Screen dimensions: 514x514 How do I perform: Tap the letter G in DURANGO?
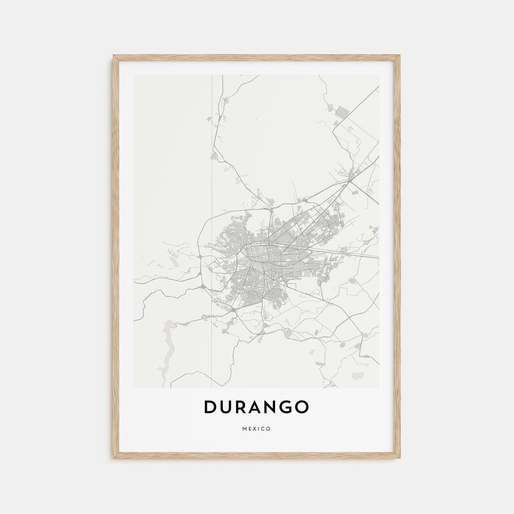click(x=285, y=407)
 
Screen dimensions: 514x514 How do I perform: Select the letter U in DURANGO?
click(x=227, y=407)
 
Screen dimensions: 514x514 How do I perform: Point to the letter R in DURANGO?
click(x=241, y=407)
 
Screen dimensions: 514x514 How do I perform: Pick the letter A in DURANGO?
click(x=256, y=407)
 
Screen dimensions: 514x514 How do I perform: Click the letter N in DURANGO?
click(x=270, y=407)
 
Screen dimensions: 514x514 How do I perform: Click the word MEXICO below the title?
click(x=257, y=429)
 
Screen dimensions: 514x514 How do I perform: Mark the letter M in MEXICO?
click(x=244, y=429)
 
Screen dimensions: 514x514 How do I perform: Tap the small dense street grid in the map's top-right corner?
click(x=342, y=113)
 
